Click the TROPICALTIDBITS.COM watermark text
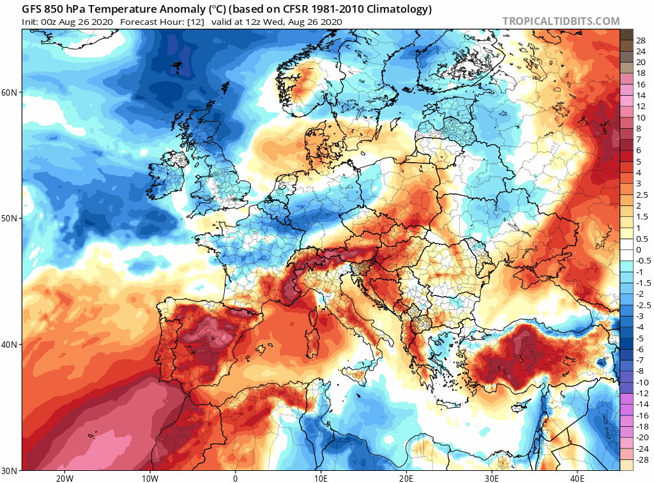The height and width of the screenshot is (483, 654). [561, 21]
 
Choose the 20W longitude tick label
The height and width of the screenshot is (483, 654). [64, 478]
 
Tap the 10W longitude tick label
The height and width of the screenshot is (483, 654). [149, 478]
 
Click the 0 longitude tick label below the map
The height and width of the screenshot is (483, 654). [236, 478]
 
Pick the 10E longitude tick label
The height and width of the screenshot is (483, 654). [321, 478]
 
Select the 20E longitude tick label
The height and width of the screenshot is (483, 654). [406, 478]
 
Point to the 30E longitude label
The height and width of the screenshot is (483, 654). [492, 478]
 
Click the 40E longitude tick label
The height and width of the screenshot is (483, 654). [577, 478]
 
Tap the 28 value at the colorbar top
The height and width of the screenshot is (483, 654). [641, 40]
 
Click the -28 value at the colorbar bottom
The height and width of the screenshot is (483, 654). [642, 459]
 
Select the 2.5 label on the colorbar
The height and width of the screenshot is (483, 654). [642, 195]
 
